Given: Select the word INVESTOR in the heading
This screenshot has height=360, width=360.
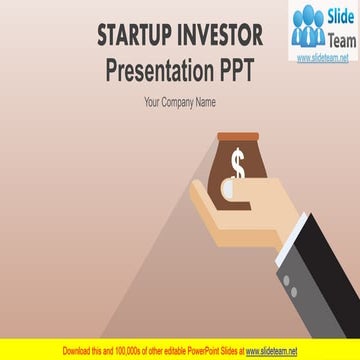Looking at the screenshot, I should point(218,37).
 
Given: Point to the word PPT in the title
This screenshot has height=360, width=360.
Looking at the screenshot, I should point(237,71).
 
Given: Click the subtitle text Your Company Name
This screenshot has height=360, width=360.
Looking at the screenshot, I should point(179,102).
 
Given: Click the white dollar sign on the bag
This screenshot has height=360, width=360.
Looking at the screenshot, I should point(237,162).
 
